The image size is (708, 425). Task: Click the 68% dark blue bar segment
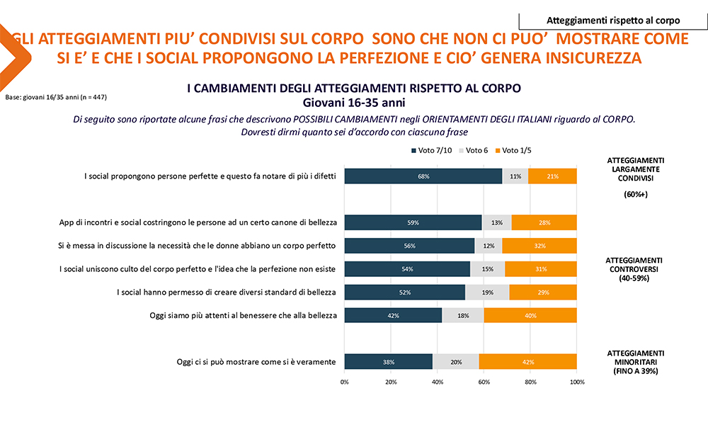[423, 176]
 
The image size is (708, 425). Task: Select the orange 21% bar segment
[552, 176]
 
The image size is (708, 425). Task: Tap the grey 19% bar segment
[486, 292]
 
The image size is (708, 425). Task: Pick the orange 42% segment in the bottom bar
[527, 362]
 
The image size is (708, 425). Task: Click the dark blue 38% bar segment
[388, 362]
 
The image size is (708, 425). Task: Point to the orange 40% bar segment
[530, 315]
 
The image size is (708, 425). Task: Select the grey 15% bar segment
[487, 269]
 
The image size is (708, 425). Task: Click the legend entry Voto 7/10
[433, 150]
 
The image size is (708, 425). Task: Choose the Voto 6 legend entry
[476, 150]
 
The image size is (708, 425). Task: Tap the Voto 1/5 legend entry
[518, 150]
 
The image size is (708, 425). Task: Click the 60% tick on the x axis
[484, 382]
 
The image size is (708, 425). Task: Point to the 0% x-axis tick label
[345, 382]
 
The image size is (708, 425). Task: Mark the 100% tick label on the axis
[577, 382]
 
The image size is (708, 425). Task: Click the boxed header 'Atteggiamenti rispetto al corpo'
[613, 21]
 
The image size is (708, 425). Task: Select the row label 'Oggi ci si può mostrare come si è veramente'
[256, 362]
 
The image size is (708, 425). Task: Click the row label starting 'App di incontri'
[198, 222]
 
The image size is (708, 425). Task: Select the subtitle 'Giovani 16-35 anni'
[353, 101]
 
